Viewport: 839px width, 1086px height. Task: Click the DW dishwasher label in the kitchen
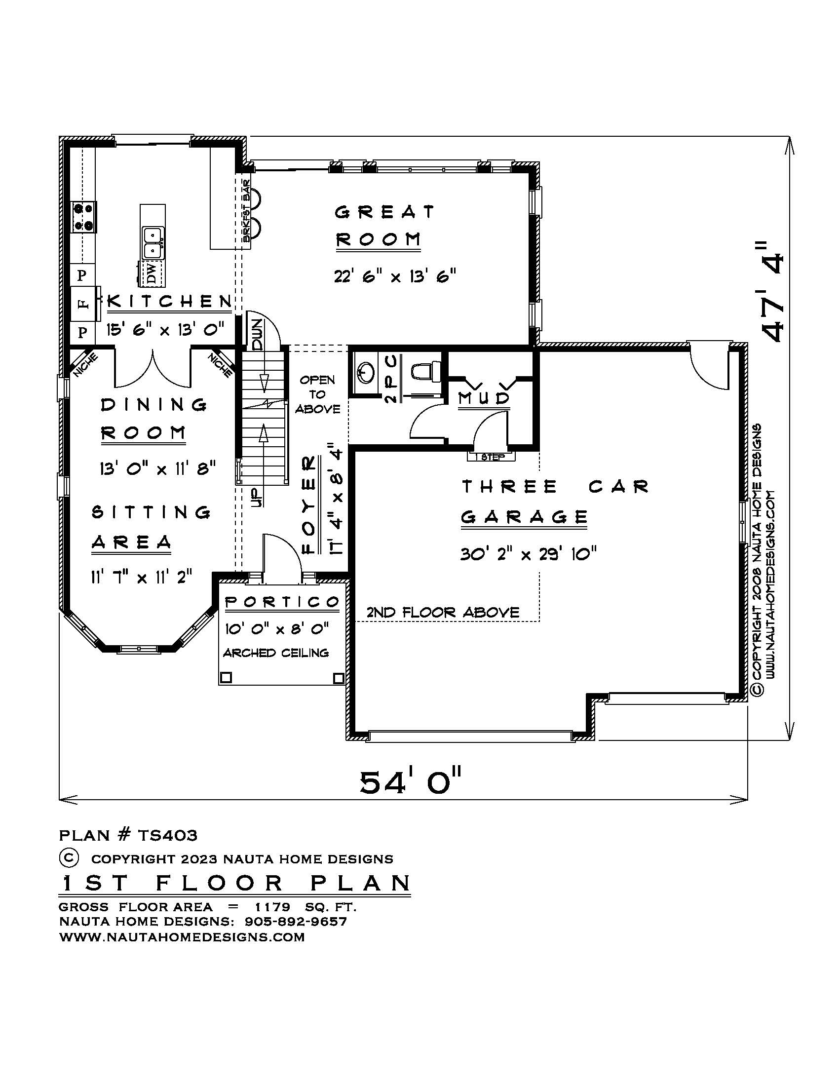pyautogui.click(x=152, y=273)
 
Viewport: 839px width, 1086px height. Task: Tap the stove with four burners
pyautogui.click(x=84, y=217)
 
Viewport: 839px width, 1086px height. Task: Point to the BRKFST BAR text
pyautogui.click(x=247, y=211)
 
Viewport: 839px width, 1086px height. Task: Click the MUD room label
pyautogui.click(x=484, y=398)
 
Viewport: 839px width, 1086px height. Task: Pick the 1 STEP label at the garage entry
pyautogui.click(x=491, y=457)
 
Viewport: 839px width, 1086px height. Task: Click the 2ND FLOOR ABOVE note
pyautogui.click(x=443, y=612)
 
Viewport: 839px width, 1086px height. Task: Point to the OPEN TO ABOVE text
pyautogui.click(x=318, y=394)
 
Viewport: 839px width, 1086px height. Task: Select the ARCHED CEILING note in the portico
pyautogui.click(x=276, y=653)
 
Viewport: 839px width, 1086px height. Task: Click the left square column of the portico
pyautogui.click(x=226, y=677)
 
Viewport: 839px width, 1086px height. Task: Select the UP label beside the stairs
pyautogui.click(x=257, y=497)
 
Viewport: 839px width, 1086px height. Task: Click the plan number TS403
pyautogui.click(x=167, y=835)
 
